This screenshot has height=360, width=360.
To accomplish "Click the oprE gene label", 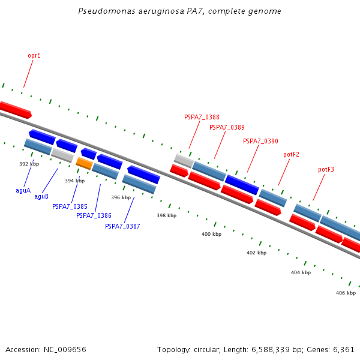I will click(34, 55).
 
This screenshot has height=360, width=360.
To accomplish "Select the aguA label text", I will click(23, 190).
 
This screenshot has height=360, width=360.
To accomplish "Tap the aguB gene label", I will click(41, 196).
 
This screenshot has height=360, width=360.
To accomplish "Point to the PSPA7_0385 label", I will click(70, 206).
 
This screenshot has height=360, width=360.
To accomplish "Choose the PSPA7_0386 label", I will click(94, 215).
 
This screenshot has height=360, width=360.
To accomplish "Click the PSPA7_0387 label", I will click(122, 226).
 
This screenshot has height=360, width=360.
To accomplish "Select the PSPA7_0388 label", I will click(202, 118).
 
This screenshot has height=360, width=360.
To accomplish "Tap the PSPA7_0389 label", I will click(227, 127).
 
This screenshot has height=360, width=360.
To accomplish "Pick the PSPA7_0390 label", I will click(260, 141).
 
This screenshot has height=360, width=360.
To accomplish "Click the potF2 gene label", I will click(291, 155).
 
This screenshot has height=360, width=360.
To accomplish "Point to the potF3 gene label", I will click(326, 170).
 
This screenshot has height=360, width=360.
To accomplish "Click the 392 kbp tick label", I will click(29, 164).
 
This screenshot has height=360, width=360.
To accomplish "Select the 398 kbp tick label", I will click(166, 215).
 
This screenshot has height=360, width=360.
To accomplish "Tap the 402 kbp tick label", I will click(256, 253).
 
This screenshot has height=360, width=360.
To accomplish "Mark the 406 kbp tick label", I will click(346, 293).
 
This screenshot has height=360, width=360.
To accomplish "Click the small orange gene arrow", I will click(84, 163).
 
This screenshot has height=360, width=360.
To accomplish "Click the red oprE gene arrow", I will click(15, 110).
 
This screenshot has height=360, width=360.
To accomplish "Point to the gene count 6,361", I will click(343, 349).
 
